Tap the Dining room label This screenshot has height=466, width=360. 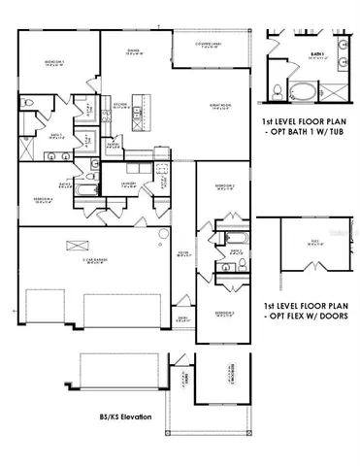[x=135, y=53]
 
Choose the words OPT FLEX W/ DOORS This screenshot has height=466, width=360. [x=306, y=314]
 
